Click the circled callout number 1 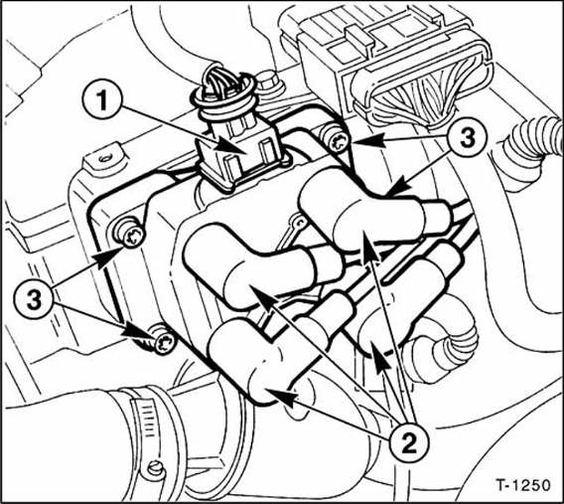101,99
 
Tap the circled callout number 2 409,442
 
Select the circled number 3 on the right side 467,137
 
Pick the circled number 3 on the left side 34,299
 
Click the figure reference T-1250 523,484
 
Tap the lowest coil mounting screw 164,341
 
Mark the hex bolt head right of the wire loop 268,83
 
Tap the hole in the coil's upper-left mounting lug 105,157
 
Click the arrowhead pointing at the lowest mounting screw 138,332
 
